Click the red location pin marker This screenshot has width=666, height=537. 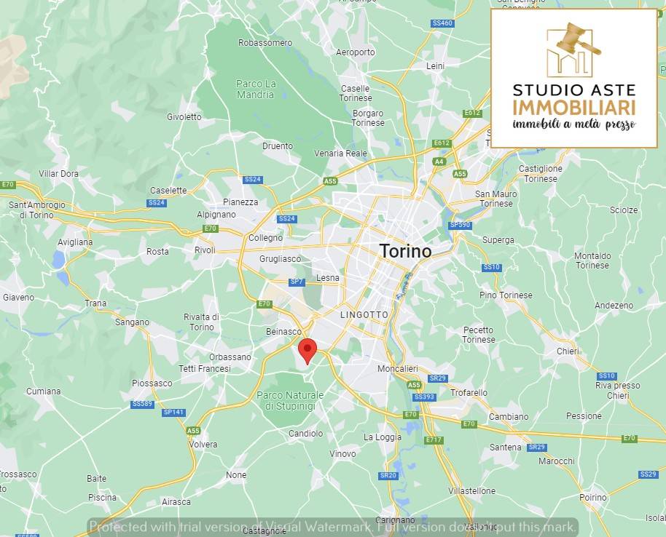[307, 350]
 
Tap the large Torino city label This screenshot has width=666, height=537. [405, 251]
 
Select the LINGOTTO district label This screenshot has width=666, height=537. [364, 314]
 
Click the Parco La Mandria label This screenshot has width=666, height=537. [256, 89]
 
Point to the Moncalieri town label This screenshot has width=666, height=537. [397, 369]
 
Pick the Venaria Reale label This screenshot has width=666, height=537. [340, 154]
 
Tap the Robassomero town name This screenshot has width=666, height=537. [265, 43]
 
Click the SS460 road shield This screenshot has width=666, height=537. [442, 23]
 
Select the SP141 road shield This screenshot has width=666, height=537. [173, 413]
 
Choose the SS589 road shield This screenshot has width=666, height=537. [142, 404]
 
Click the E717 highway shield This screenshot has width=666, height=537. [434, 439]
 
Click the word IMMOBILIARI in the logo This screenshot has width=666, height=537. [573, 108]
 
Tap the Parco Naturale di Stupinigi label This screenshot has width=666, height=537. [290, 400]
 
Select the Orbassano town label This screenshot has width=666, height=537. [230, 357]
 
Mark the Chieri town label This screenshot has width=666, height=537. [568, 351]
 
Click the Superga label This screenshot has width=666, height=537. [498, 240]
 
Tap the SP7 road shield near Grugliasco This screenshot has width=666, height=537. [297, 282]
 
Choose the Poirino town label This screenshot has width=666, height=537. [592, 498]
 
